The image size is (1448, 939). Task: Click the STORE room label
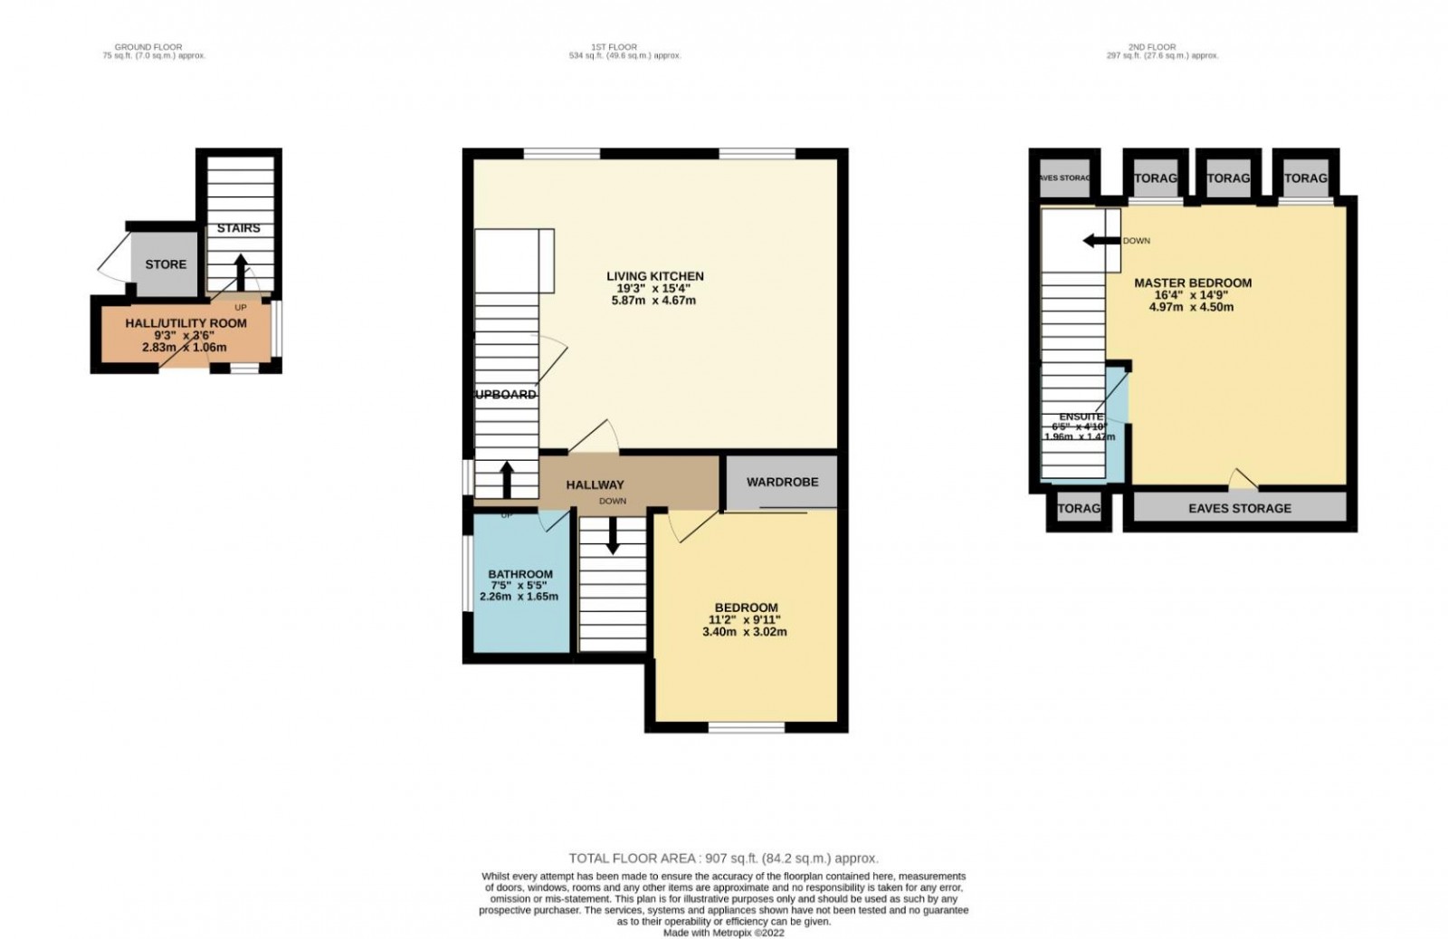(x=166, y=264)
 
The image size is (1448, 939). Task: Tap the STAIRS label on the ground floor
(x=238, y=228)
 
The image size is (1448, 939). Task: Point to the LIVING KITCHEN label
(x=654, y=276)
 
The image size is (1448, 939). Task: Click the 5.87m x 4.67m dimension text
(x=654, y=301)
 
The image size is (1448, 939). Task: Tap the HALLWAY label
(x=595, y=485)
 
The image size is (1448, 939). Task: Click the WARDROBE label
(x=782, y=482)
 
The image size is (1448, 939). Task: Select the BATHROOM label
(x=519, y=574)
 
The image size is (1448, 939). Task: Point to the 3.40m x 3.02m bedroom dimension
(x=745, y=632)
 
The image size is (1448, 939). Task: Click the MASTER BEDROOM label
(x=1193, y=283)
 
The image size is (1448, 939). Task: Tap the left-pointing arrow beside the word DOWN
(x=1101, y=241)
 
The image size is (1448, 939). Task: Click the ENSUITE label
(x=1081, y=417)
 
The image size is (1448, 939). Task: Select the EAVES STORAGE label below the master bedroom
(x=1239, y=509)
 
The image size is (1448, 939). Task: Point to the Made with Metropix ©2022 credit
(x=723, y=932)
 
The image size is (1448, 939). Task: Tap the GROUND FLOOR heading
(x=155, y=46)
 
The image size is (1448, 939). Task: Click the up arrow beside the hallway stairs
(x=506, y=479)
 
